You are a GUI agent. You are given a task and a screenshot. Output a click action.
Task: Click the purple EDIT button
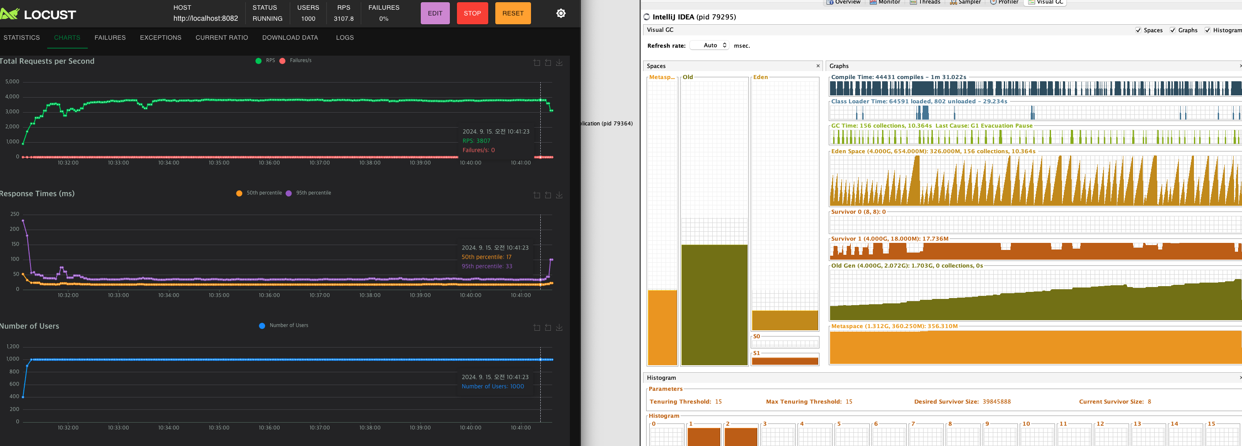434,14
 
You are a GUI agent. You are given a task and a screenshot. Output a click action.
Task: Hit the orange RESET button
513,14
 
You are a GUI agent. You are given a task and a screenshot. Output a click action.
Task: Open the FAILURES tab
110,38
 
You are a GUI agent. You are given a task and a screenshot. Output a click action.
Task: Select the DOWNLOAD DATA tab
290,38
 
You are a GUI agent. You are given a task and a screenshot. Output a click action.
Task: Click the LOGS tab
345,38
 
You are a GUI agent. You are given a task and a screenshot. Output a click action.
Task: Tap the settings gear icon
561,14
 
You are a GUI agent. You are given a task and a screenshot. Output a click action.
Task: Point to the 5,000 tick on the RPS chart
12,82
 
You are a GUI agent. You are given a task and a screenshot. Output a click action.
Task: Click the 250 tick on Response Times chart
15,214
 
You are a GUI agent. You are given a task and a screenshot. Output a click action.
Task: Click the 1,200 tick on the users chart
13,347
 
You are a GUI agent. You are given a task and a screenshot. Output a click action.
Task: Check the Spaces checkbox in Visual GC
1138,30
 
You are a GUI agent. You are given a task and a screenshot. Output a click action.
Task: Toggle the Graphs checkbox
1173,30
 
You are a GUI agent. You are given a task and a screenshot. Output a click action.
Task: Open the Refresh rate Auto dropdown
709,45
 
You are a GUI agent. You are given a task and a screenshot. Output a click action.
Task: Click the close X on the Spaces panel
818,66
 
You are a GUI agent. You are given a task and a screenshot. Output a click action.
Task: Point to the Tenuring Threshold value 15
718,401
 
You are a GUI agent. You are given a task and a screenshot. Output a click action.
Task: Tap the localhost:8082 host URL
206,19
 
